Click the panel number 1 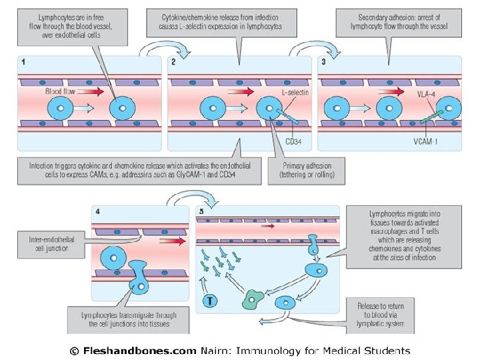tap(25, 63)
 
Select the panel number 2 tap(174, 63)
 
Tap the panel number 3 tap(323, 63)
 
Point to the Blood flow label tap(60, 91)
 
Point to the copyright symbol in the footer tap(75, 351)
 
